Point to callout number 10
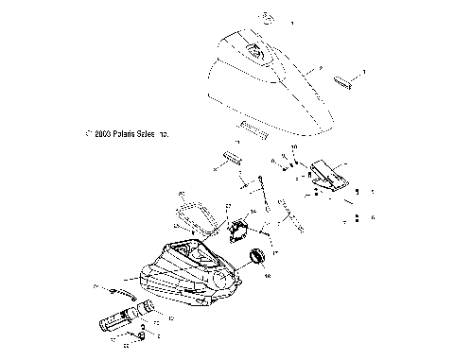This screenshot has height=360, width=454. (x=293, y=148)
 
